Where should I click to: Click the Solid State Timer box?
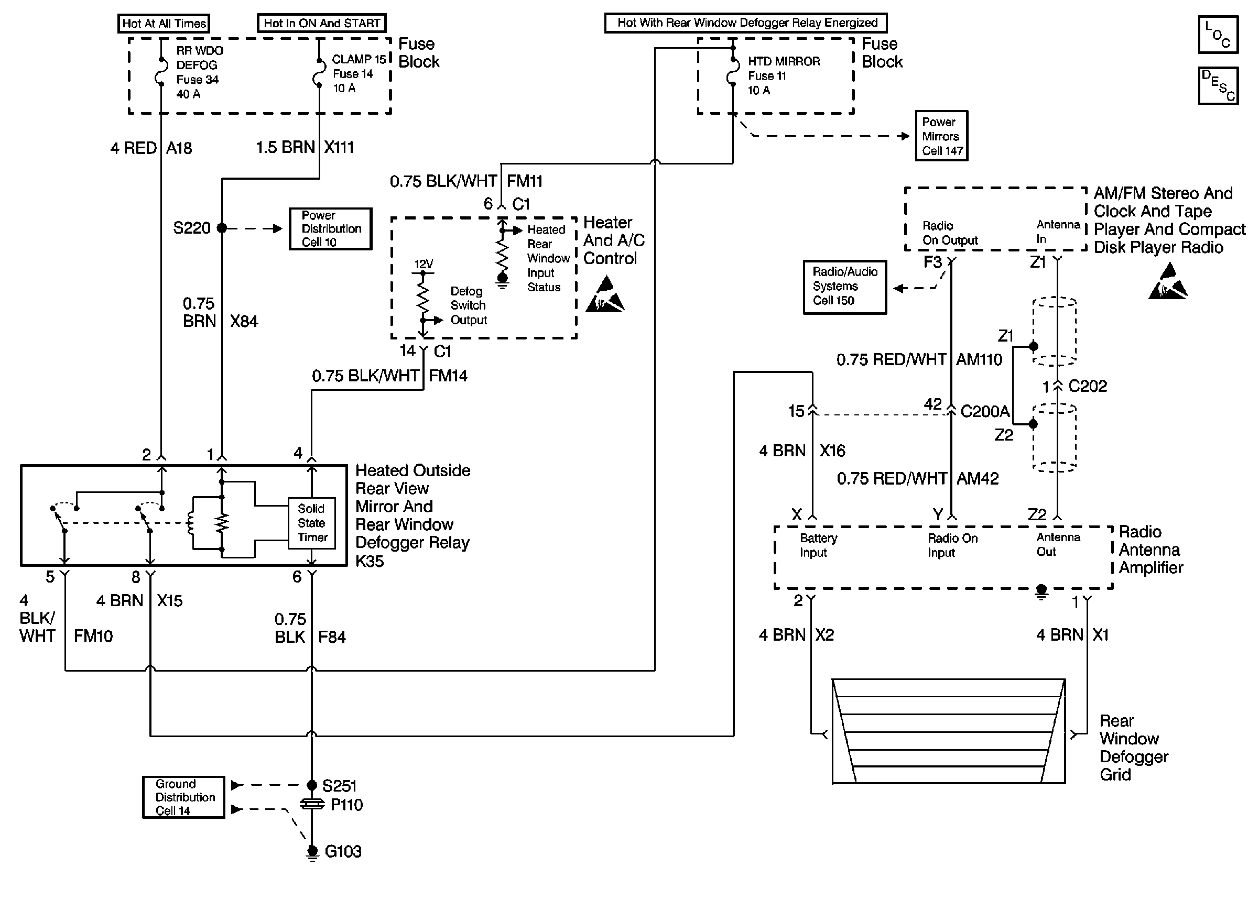tap(311, 523)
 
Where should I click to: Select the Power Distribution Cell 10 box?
tap(330, 228)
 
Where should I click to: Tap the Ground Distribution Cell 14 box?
tap(183, 797)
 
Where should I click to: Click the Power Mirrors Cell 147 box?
tap(941, 136)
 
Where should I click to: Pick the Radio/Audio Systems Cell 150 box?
tap(844, 287)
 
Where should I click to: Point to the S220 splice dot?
tap(222, 228)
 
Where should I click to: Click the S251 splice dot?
tap(311, 785)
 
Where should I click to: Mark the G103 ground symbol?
tap(312, 852)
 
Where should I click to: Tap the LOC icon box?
tap(1218, 35)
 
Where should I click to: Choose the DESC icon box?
tap(1218, 85)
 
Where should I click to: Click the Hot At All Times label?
tap(164, 23)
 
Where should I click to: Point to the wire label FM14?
tap(448, 376)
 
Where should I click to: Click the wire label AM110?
tap(979, 360)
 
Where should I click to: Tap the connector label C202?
tap(1087, 386)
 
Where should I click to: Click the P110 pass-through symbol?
tap(312, 804)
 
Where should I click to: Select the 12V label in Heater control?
tap(424, 265)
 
